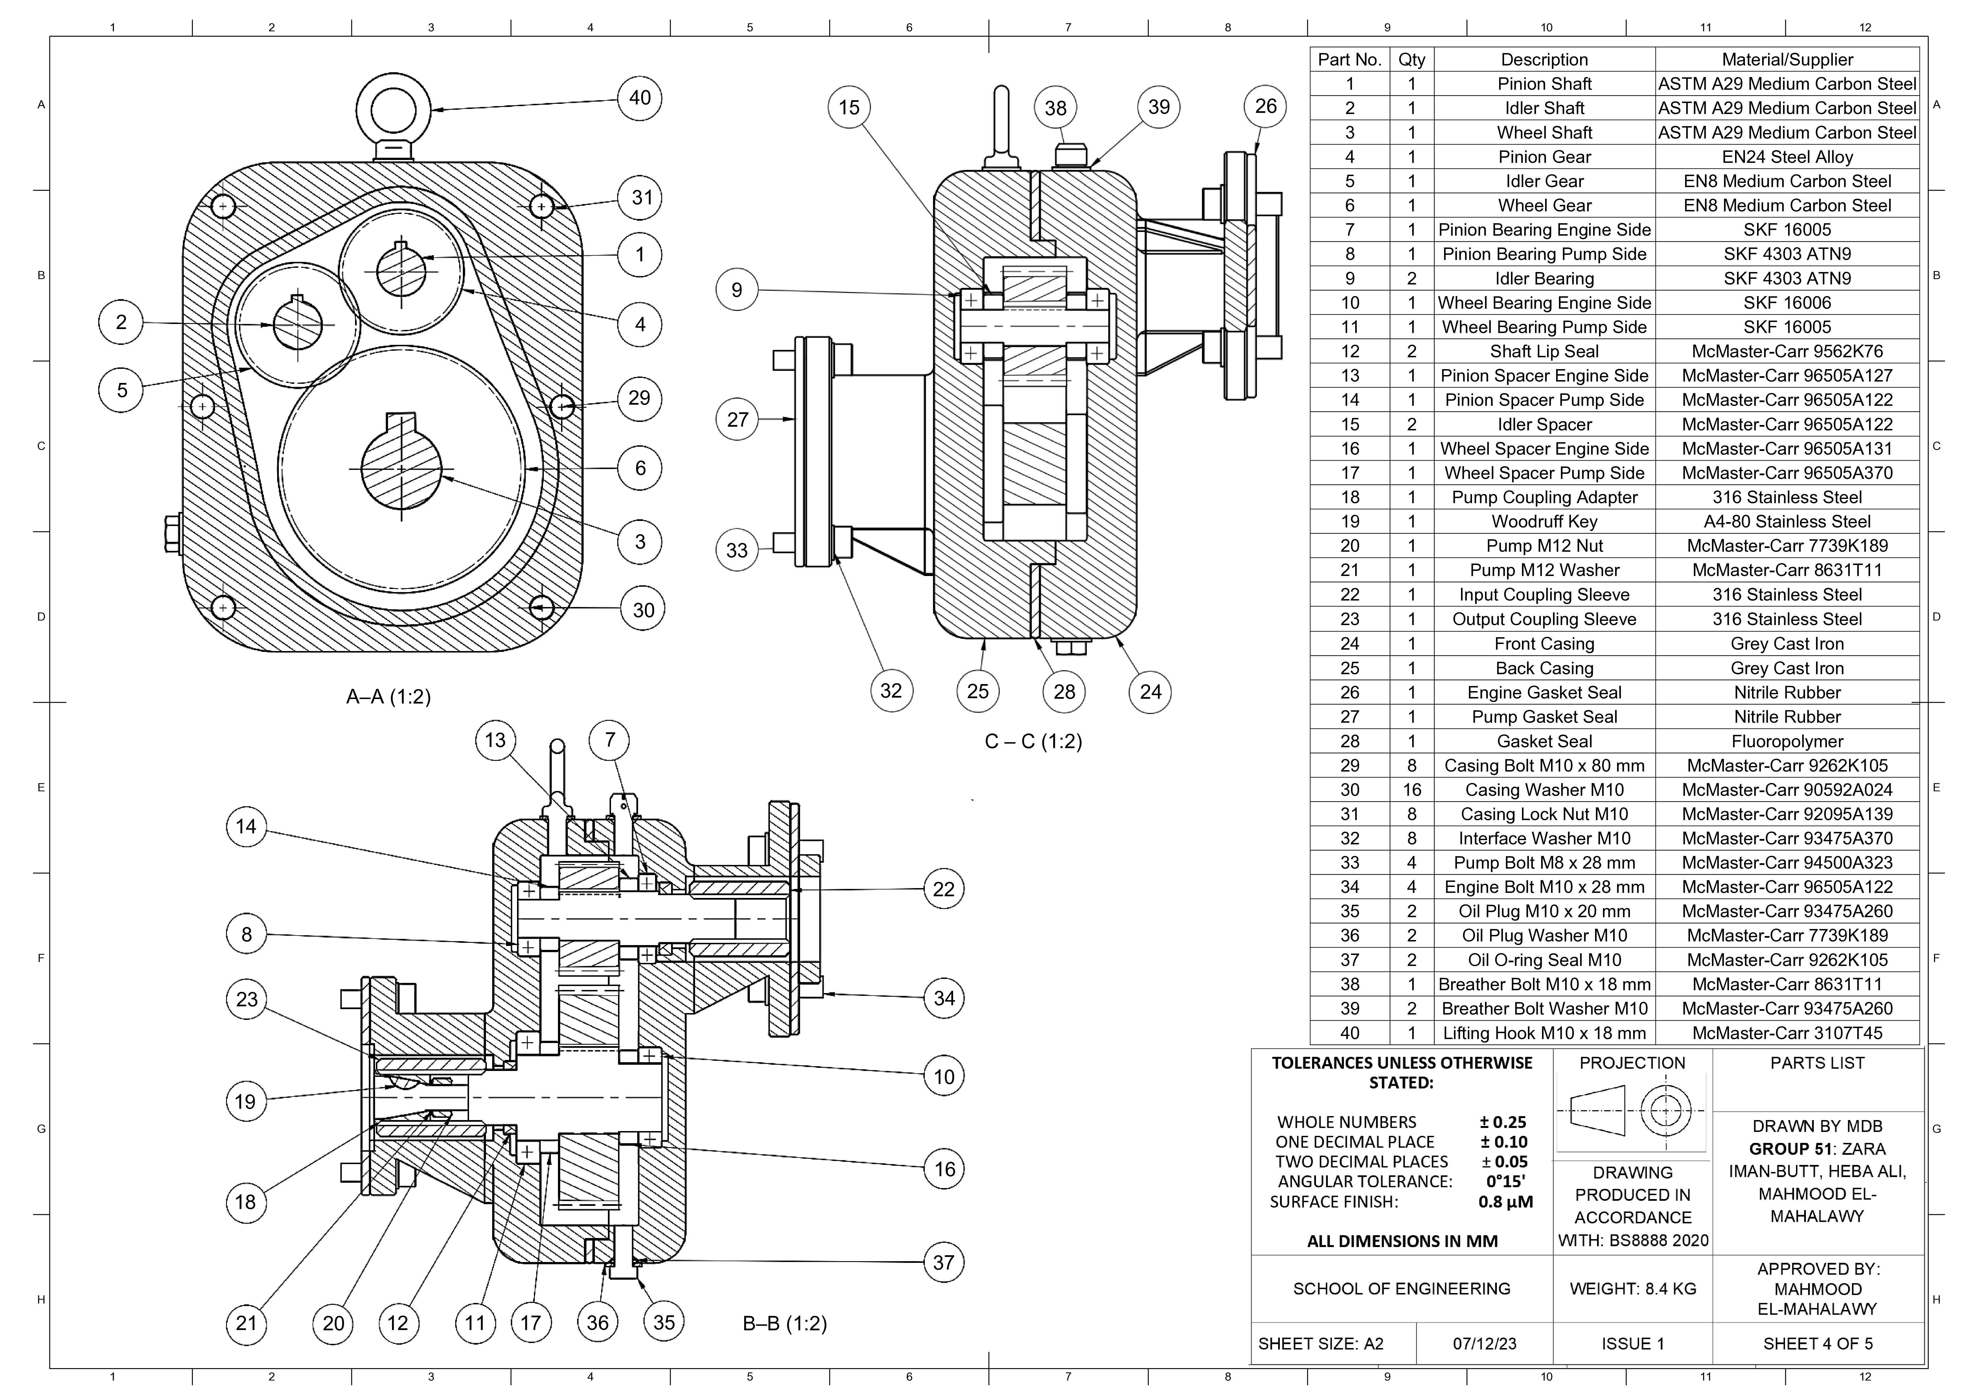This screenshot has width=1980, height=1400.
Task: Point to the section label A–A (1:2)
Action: tap(388, 697)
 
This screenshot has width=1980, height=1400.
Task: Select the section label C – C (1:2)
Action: tap(1033, 742)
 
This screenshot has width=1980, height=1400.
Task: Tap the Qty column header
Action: tap(1412, 60)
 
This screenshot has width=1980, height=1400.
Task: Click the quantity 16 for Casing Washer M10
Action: tap(1412, 790)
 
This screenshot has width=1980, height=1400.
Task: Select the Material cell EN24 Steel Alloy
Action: tap(1787, 157)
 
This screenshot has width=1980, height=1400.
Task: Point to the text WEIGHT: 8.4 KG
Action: tap(1633, 1289)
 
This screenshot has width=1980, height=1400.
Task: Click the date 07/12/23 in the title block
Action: tap(1484, 1344)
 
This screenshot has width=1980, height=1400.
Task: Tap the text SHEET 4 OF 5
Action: tap(1817, 1344)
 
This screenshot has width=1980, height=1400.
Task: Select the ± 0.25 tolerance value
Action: tap(1503, 1122)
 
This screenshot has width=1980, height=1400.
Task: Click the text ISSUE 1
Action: tap(1633, 1344)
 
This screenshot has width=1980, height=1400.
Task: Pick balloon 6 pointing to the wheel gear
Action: tap(640, 468)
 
